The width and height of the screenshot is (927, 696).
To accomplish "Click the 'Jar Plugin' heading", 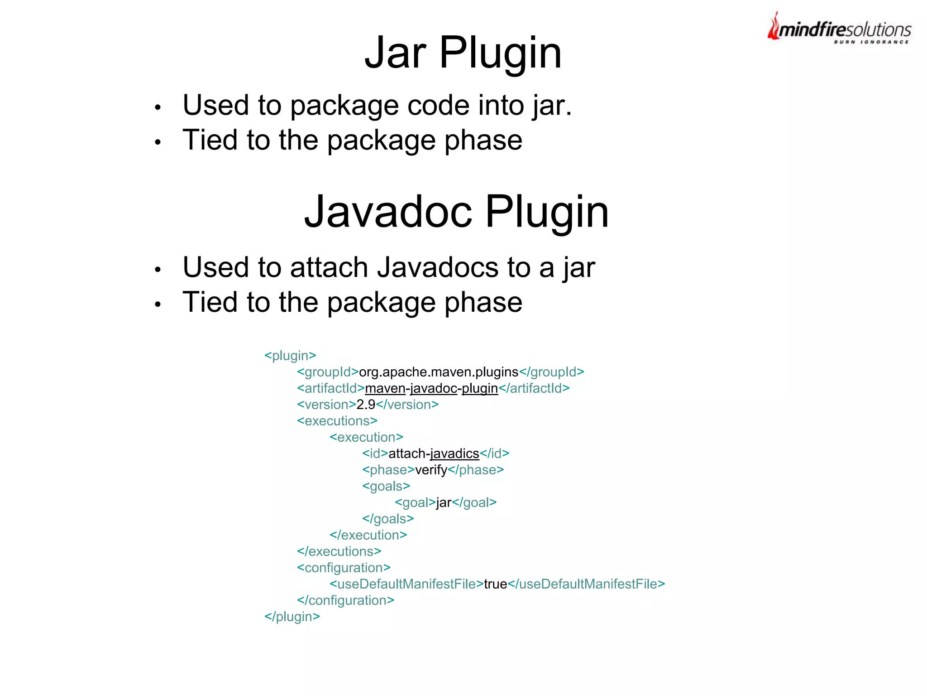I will click(463, 53).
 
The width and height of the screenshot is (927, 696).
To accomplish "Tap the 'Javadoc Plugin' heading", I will click(456, 212).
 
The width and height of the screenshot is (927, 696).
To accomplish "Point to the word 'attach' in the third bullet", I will click(329, 267).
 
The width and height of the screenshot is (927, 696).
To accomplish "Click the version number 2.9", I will click(366, 405).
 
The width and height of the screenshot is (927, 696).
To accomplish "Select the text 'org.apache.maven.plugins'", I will click(438, 372).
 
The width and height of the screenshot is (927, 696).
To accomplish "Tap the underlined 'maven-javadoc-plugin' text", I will click(431, 388).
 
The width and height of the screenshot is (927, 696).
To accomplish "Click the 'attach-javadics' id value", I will click(434, 454).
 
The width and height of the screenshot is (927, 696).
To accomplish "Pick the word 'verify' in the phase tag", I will click(431, 470).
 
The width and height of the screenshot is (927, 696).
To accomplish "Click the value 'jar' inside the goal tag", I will click(444, 503).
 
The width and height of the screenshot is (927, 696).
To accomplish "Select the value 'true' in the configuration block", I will click(495, 584).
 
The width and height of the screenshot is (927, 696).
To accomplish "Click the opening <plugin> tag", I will click(290, 356).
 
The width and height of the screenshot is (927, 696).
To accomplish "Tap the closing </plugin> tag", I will click(292, 617).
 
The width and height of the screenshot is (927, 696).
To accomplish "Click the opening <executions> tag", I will click(337, 421).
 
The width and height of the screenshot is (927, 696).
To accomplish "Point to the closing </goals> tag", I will click(388, 519).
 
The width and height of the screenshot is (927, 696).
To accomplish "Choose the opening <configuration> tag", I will click(344, 568).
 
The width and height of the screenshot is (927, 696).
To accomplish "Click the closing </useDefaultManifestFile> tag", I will click(587, 584).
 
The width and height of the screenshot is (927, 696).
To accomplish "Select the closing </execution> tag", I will click(368, 535).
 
